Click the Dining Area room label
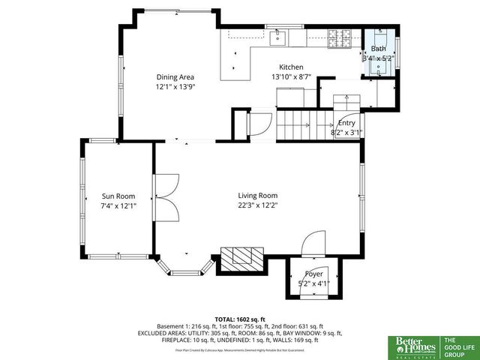click(x=175, y=76)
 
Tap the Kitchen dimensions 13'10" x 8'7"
click(x=290, y=76)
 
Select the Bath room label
click(x=378, y=49)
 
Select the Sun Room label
click(x=118, y=196)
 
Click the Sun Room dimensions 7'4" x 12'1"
click(x=118, y=205)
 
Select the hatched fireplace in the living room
click(x=241, y=258)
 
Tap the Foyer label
click(x=313, y=274)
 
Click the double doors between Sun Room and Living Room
click(x=165, y=197)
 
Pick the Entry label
click(x=346, y=123)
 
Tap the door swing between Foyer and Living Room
click(x=313, y=244)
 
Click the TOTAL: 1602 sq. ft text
click(x=239, y=319)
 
